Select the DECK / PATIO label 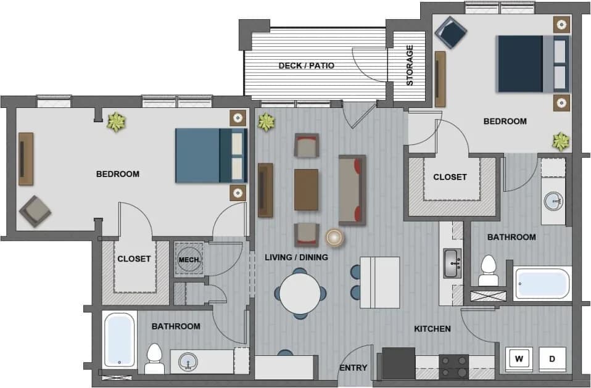pyautogui.click(x=306, y=65)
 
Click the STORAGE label pyautogui.click(x=410, y=65)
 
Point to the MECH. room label pyautogui.click(x=189, y=260)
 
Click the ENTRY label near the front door pyautogui.click(x=353, y=368)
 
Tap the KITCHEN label pyautogui.click(x=432, y=329)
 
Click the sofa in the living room pyautogui.click(x=352, y=189)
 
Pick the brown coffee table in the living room pyautogui.click(x=307, y=189)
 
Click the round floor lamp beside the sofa pyautogui.click(x=335, y=237)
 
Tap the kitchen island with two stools pyautogui.click(x=379, y=282)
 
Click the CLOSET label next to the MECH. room pyautogui.click(x=134, y=258)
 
